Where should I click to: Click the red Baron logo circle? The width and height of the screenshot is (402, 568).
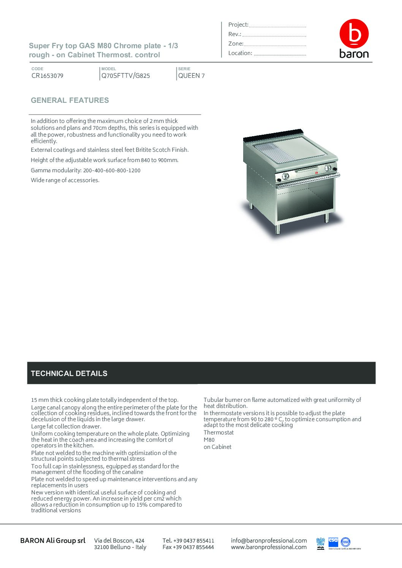click(x=354, y=33)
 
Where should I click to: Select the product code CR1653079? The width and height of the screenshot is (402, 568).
click(x=47, y=76)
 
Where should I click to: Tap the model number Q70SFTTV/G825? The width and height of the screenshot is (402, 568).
click(x=126, y=76)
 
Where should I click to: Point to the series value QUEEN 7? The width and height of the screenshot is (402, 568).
click(x=192, y=76)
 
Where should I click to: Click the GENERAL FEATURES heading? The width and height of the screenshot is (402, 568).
click(x=70, y=101)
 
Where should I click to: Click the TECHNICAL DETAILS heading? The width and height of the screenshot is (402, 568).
click(x=69, y=373)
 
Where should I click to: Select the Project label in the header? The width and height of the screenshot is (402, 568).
click(x=238, y=25)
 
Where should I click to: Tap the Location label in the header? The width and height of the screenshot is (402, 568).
click(x=240, y=53)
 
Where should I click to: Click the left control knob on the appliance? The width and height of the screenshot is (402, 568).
click(x=285, y=176)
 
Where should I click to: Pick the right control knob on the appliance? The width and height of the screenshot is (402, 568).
click(x=328, y=168)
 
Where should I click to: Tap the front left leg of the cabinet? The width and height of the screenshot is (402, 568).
click(x=278, y=228)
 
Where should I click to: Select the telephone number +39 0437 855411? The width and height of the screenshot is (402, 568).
click(x=188, y=540)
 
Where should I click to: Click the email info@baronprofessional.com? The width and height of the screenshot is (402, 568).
click(x=269, y=540)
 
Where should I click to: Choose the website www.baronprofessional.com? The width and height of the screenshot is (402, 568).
click(x=269, y=547)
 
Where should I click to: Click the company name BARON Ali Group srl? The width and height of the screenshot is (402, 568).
click(x=53, y=540)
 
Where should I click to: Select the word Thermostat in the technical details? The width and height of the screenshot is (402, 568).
click(x=218, y=433)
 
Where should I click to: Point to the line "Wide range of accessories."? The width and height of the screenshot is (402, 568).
click(x=65, y=180)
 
